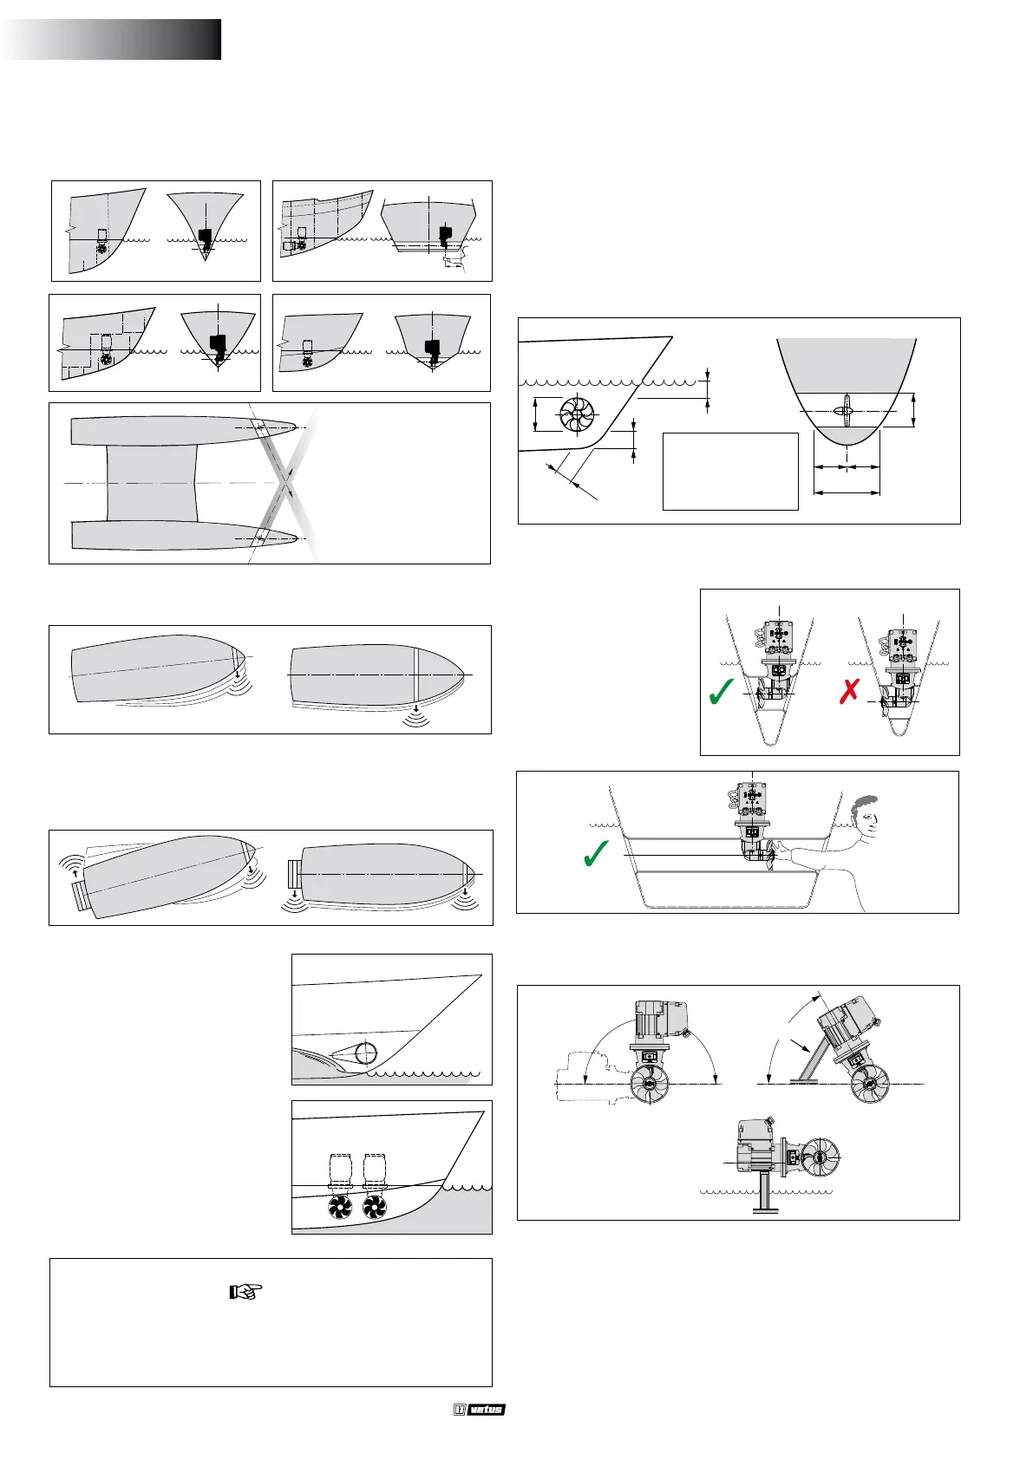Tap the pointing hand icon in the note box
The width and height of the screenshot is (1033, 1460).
[x=245, y=1292]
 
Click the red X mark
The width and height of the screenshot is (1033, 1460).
[x=849, y=692]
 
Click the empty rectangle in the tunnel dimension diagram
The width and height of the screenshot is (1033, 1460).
[x=729, y=471]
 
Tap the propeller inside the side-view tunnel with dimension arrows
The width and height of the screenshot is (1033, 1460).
[x=575, y=414]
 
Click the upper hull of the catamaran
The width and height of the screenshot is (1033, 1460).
[x=182, y=431]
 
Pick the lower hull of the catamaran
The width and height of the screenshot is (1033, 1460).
[x=182, y=536]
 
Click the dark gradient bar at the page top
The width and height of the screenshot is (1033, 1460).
[x=113, y=40]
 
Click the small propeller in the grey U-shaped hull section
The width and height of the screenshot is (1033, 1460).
[x=846, y=411]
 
